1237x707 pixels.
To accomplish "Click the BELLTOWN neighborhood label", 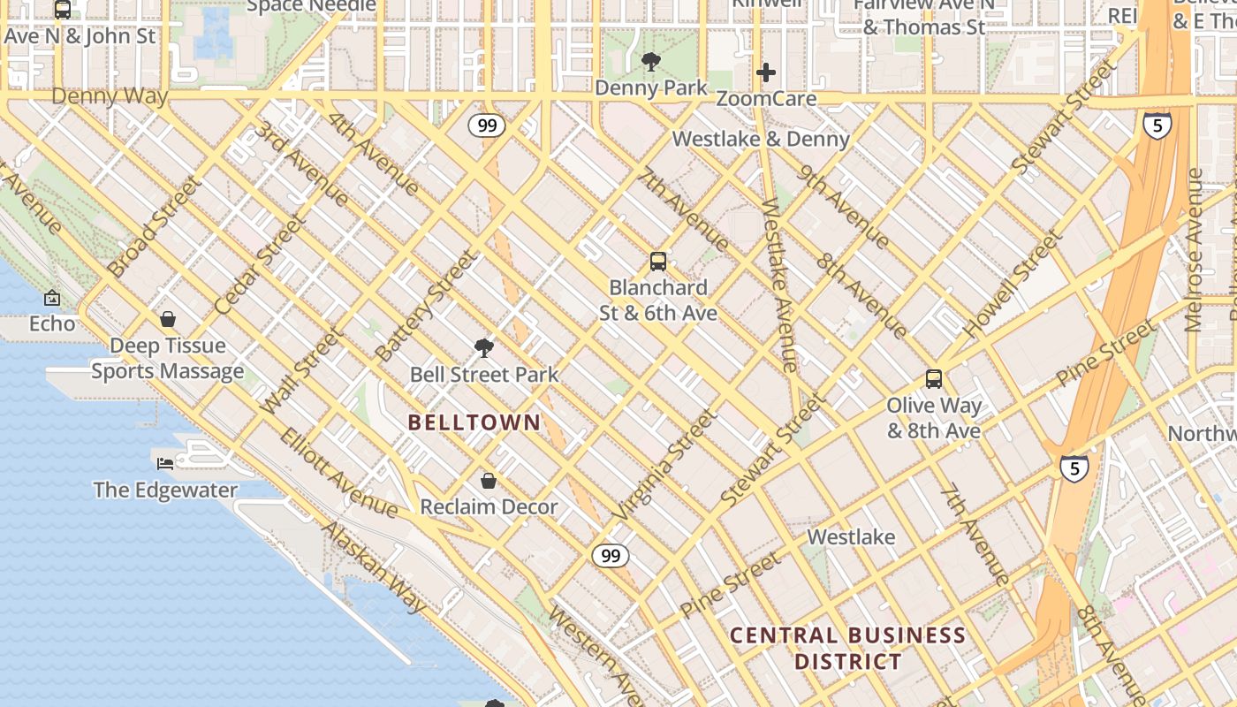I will coord(474,422).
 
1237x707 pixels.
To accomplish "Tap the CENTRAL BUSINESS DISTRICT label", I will coord(847,648).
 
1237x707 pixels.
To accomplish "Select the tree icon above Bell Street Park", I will coord(483,348).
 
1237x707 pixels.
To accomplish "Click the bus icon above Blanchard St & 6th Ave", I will coord(658,262).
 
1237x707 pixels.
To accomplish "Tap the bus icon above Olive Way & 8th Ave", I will coord(934,380).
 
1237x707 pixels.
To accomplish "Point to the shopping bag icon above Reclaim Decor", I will coord(488,481).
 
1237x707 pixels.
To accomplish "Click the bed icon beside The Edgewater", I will coord(165,463).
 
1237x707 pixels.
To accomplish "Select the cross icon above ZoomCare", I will coord(766,72).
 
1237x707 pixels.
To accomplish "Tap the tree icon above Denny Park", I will coord(651,62).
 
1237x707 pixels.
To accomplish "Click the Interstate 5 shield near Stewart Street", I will coord(1157,125).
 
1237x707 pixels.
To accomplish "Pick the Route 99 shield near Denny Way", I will coord(487,125).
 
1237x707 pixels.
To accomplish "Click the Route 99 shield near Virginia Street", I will coord(610,556).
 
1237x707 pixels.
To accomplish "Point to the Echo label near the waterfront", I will coord(52,323).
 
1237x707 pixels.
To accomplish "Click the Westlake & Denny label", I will coord(761,139).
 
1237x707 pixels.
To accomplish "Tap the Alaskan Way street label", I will coord(375,567).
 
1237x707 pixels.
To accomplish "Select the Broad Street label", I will coord(154,226).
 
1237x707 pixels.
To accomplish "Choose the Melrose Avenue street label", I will coord(1195,250).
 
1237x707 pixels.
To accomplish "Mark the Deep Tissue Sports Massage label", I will coord(168,358).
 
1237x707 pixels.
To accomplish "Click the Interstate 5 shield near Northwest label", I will coord(1074,468).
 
